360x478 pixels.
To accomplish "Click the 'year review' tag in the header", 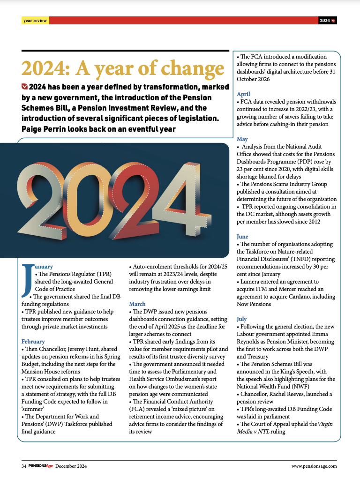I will point(35,21).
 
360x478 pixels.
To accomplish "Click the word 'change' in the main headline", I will point(190,68).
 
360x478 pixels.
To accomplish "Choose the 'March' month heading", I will point(137,304).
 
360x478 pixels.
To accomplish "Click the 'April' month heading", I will point(243,94).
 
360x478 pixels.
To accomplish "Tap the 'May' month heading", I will point(242,139).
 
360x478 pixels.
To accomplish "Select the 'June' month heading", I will point(242,237).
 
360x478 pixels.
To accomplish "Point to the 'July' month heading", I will point(241,319).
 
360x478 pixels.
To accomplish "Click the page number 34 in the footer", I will point(23,466).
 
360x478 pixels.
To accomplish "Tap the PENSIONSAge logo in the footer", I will point(40,466).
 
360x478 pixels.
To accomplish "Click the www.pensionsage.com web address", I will point(314,466).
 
